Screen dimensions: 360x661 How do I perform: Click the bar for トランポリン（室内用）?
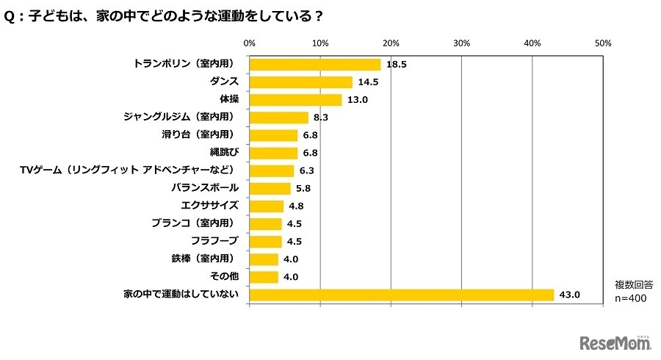click(x=315, y=65)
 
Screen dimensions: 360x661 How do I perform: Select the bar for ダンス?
click(x=301, y=82)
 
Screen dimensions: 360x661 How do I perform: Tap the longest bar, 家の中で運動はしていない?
click(x=402, y=295)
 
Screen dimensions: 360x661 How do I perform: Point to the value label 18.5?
click(x=397, y=65)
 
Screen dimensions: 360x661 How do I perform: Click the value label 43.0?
click(x=570, y=295)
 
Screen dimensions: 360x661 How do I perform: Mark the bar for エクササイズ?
click(x=267, y=206)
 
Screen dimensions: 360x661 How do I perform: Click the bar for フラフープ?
click(x=266, y=242)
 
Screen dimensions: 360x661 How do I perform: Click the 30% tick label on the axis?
click(x=461, y=43)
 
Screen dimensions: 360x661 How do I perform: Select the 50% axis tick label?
click(x=603, y=43)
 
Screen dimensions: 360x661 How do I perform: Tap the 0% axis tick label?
click(x=249, y=43)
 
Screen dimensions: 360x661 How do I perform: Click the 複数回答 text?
click(x=632, y=284)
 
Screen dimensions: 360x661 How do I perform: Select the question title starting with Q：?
click(x=165, y=15)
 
